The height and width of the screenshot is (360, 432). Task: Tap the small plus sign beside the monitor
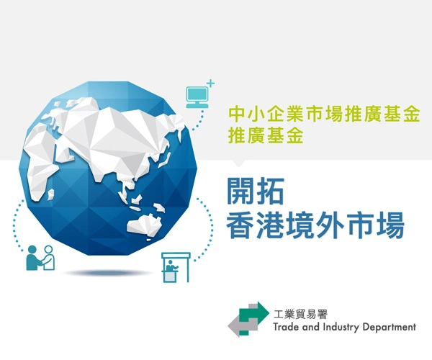click(210, 84)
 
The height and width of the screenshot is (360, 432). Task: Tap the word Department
click(391, 327)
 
